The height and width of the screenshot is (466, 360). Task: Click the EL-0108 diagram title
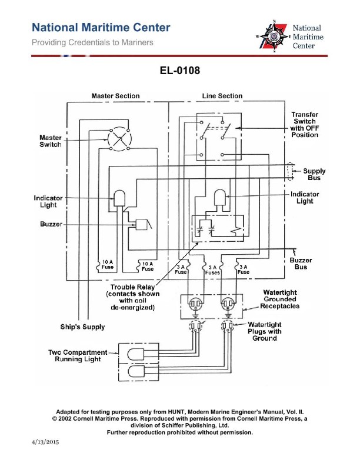point(180,71)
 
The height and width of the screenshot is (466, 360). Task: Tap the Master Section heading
point(115,96)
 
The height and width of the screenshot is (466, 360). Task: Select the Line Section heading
point(222,96)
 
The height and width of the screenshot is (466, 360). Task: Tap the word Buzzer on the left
point(51,224)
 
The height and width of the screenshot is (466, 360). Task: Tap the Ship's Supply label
point(83,327)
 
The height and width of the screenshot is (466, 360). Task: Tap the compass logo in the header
point(274,36)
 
